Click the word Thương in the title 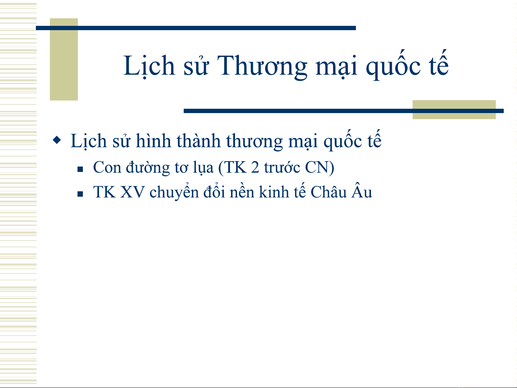point(262,66)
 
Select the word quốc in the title point(393,65)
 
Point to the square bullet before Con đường point(80,169)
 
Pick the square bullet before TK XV point(80,194)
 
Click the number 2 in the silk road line point(255,168)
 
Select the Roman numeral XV point(132,192)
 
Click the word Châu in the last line point(329,192)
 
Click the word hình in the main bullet point(154,141)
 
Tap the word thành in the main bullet point(198,141)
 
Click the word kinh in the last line point(274,192)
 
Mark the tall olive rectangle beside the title point(64,59)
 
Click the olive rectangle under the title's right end point(454,109)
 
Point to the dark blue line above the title point(196,28)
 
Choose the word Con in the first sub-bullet point(107,168)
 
